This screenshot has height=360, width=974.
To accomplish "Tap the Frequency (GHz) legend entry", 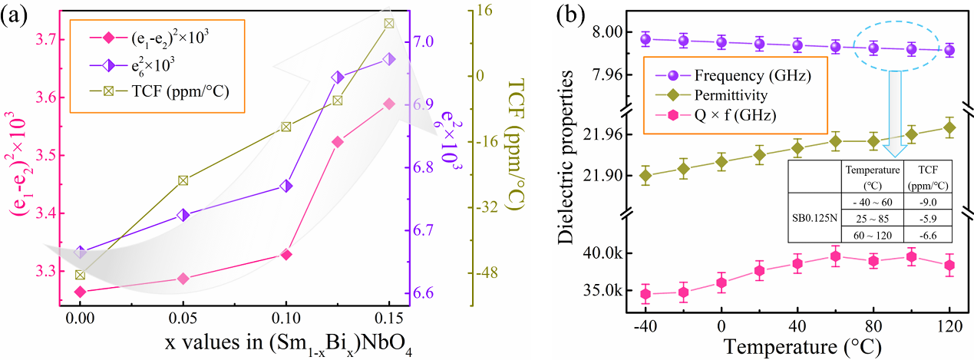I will pos(751,77).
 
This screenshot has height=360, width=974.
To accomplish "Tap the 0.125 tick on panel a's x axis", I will pos(337,316).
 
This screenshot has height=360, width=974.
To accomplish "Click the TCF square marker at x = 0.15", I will pos(388,23).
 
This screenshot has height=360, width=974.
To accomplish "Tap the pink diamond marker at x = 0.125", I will pos(337,142).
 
